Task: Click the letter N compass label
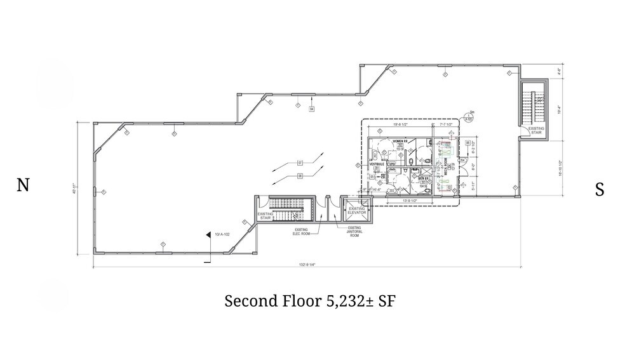tap(23, 185)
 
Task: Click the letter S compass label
tap(599, 189)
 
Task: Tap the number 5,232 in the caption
tap(348, 301)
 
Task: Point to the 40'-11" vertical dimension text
tap(74, 189)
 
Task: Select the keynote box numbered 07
tap(299, 163)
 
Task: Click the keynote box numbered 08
tap(299, 175)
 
